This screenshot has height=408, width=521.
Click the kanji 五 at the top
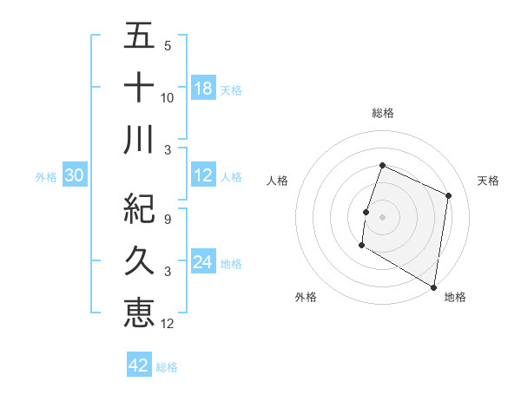coord(139,36)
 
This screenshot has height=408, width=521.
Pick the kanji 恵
coord(139,312)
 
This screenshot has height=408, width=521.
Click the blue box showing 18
coord(203,89)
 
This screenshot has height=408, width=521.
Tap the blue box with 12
coord(203,176)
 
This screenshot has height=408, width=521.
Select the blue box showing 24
coord(203,262)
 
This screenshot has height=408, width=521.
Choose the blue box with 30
coord(74,176)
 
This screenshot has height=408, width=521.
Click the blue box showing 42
coord(139,365)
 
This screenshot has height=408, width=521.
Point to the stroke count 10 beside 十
coord(168,98)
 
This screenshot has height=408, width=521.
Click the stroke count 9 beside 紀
coord(168,219)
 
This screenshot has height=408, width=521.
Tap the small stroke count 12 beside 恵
coord(168,324)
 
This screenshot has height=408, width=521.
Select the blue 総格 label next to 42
coord(167,367)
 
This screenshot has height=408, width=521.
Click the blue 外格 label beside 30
coord(46,177)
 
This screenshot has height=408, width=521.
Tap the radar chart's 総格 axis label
coord(382,113)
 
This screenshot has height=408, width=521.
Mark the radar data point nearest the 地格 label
coord(433,286)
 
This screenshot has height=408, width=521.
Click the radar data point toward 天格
coord(449,195)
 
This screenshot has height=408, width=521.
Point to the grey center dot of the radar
coord(382,217)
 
